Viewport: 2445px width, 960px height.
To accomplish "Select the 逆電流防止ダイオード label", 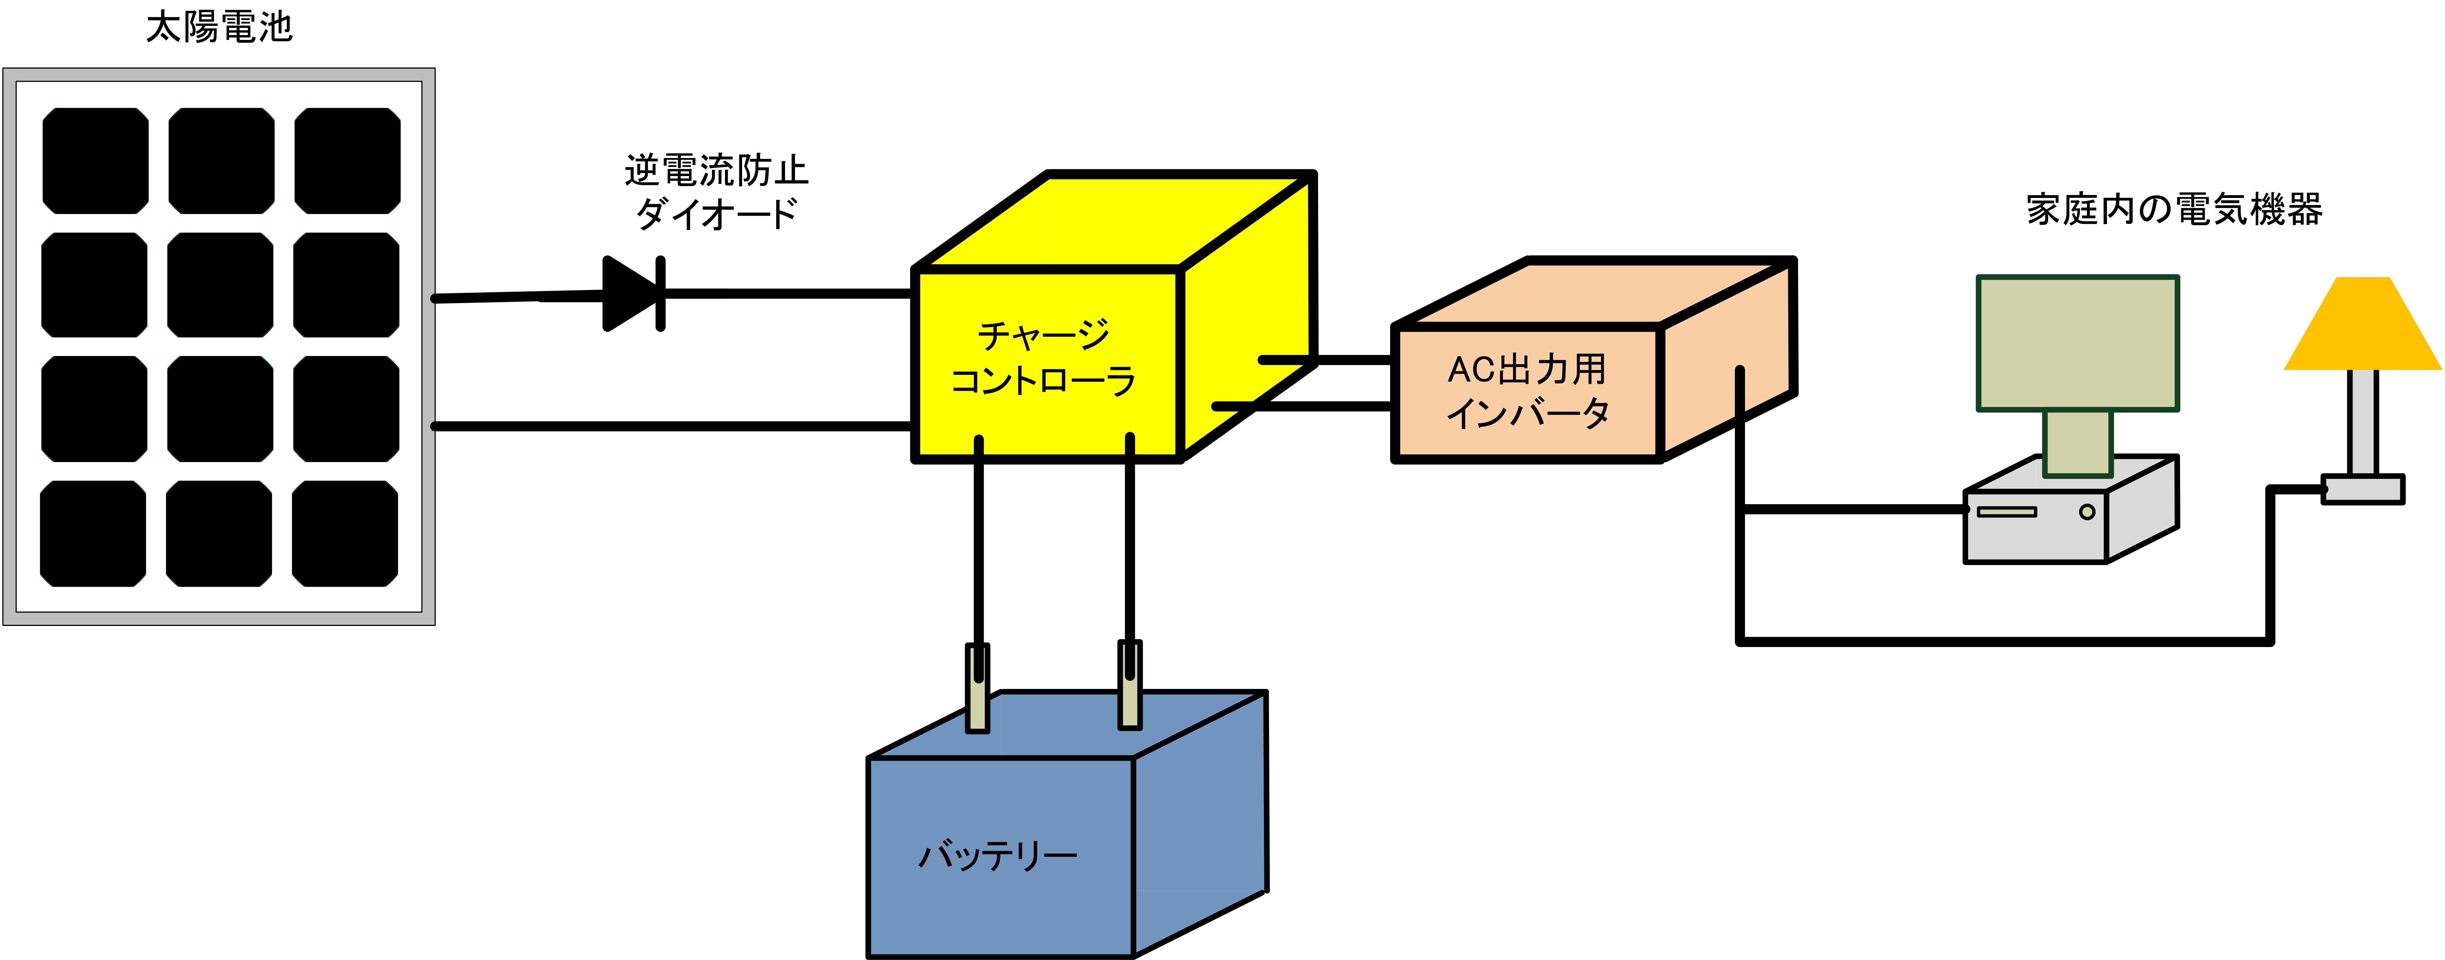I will coord(717,192).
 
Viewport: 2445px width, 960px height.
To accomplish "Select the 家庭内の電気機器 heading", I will coord(2174,209).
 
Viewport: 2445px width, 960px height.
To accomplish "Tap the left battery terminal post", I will coord(978,688).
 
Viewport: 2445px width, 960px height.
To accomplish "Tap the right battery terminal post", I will coord(1129,686).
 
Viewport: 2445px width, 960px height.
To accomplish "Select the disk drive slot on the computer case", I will coord(2006,512).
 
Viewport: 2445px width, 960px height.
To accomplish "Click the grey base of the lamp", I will coord(2362,489).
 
